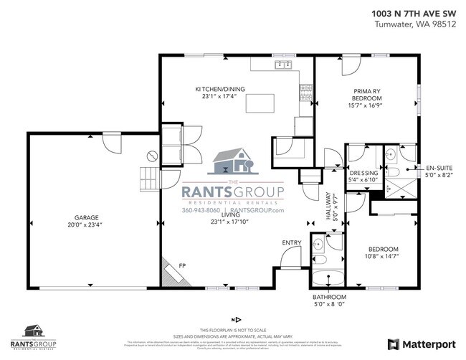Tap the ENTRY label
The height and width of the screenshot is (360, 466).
pyautogui.click(x=291, y=243)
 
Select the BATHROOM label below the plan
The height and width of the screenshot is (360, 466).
pyautogui.click(x=329, y=297)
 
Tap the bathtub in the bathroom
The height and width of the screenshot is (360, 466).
pyautogui.click(x=329, y=278)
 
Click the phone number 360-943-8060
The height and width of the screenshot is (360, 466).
pyautogui.click(x=201, y=210)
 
